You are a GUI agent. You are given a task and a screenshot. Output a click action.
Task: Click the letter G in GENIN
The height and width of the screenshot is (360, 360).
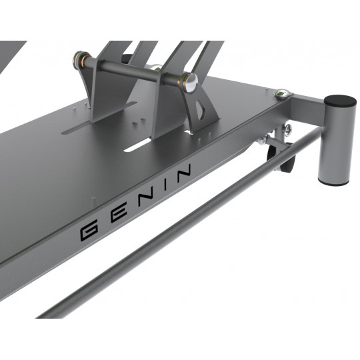point(89,230)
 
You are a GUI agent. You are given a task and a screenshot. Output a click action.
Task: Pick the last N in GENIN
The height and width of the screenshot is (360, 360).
point(184,173)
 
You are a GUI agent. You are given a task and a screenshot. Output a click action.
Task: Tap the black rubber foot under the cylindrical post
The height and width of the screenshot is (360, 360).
point(333,182)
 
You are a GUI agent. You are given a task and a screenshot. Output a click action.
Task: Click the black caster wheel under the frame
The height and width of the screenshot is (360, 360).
point(281,159)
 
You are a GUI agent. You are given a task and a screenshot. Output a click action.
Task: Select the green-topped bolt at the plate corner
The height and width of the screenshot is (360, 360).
point(282,94)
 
